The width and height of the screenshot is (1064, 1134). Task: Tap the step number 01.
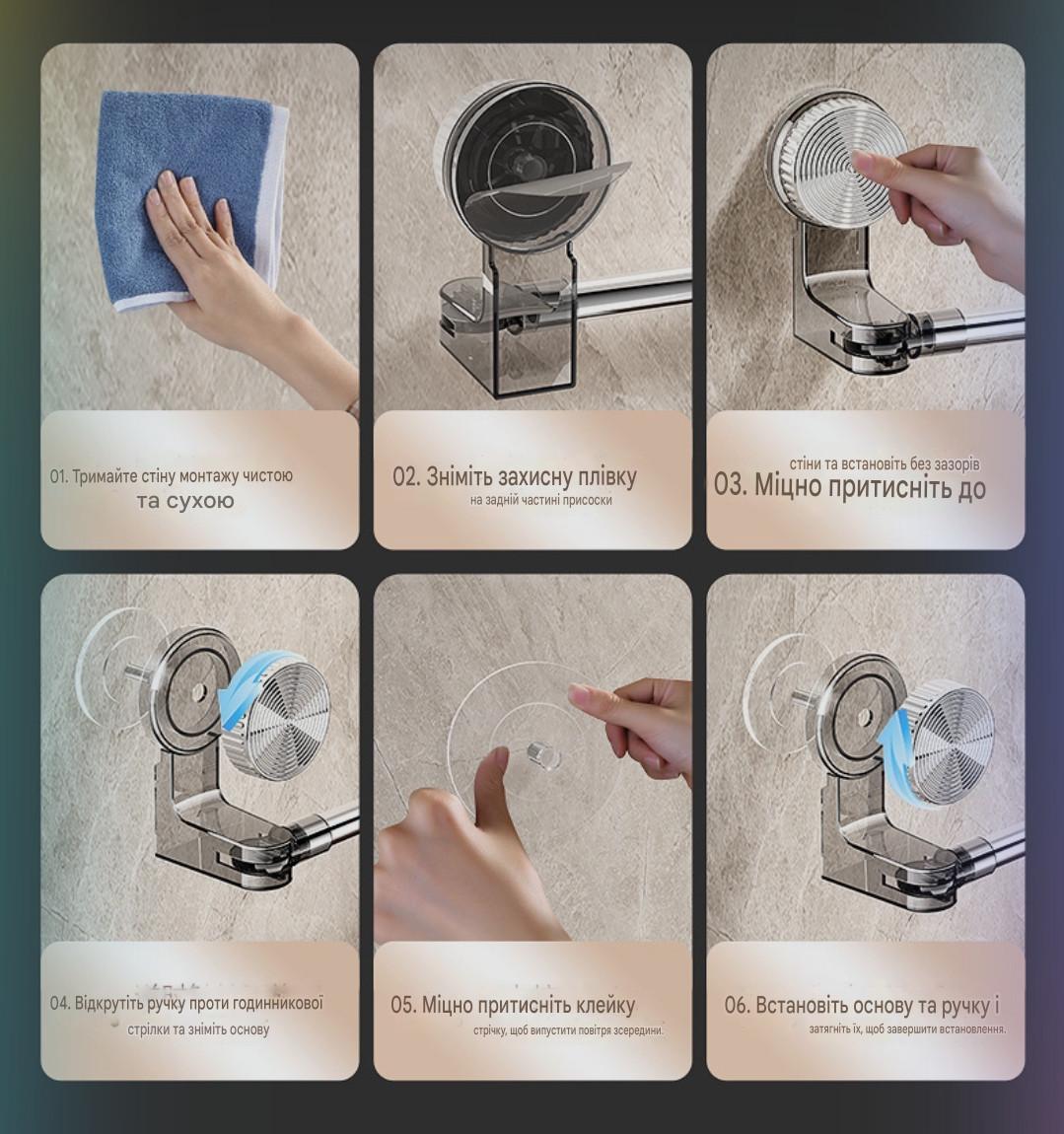pos(58,476)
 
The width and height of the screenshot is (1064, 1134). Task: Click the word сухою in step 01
pos(200,501)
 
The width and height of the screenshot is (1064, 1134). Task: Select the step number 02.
pos(406,477)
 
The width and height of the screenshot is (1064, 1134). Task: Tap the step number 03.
pos(731,484)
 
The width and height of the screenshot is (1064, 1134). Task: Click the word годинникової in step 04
pos(277,1004)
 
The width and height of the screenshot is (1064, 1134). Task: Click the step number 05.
pos(402,1005)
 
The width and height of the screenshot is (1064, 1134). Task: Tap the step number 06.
pos(737,1005)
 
